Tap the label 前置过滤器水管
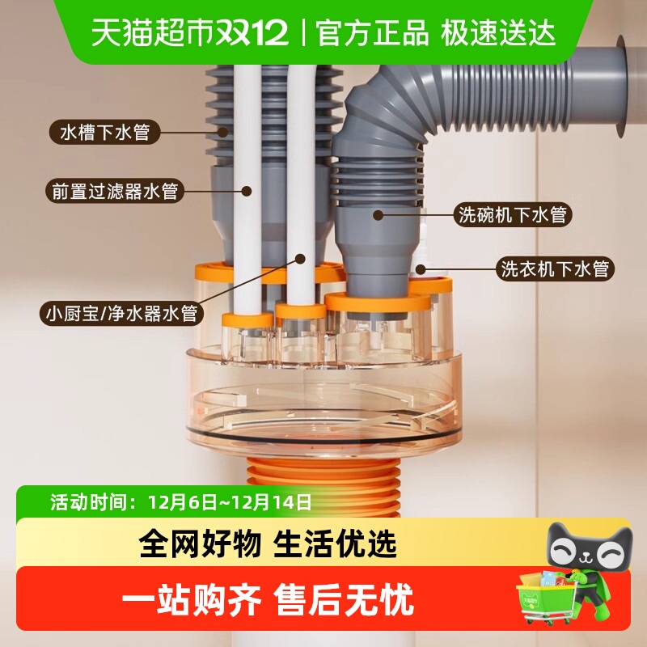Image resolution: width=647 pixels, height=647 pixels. tap(114, 192)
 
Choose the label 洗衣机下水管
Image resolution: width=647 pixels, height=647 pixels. tap(555, 269)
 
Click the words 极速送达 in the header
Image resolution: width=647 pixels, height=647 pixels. tap(498, 32)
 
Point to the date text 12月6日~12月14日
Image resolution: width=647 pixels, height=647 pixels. tap(230, 501)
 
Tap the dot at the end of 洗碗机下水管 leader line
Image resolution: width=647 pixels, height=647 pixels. tap(378, 214)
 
